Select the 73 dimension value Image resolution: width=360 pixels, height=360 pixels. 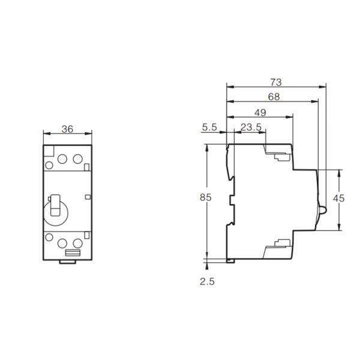(275, 82)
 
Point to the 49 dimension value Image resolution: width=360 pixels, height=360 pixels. (260, 112)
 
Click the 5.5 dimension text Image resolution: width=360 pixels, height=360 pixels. (209, 127)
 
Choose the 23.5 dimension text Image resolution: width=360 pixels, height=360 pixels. (250, 127)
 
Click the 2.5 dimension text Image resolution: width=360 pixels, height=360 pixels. (206, 281)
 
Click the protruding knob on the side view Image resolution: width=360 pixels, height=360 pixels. (322, 211)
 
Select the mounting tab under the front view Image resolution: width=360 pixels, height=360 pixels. (67, 261)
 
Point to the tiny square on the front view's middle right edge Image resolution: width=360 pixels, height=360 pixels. (88, 196)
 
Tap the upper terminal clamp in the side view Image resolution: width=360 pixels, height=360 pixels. (280, 157)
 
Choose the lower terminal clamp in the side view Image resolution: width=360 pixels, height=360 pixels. (280, 244)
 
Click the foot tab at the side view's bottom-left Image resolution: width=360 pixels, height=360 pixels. (230, 260)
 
